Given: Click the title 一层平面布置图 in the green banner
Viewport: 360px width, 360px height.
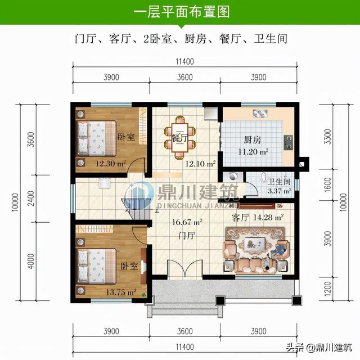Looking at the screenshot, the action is pyautogui.click(x=181, y=12).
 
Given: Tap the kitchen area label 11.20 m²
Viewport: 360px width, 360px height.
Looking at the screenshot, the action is pyautogui.click(x=253, y=152).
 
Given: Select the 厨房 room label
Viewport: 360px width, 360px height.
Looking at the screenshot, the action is pyautogui.click(x=253, y=140).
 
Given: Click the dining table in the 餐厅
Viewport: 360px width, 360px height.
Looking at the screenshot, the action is pyautogui.click(x=180, y=138).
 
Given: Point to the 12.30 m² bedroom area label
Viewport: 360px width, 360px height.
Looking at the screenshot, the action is pyautogui.click(x=111, y=164).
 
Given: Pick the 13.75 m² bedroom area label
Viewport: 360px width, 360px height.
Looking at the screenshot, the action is pyautogui.click(x=121, y=292).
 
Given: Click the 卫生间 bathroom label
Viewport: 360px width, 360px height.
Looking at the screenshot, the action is pyautogui.click(x=279, y=182).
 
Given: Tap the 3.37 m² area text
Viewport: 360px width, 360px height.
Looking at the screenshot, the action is pyautogui.click(x=280, y=191).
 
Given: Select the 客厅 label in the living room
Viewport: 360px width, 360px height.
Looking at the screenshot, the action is pyautogui.click(x=240, y=217).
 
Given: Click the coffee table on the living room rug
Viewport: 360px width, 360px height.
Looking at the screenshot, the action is pyautogui.click(x=254, y=246).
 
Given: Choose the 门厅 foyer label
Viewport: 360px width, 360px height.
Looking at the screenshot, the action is pyautogui.click(x=187, y=236).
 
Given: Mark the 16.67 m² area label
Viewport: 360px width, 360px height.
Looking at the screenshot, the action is pyautogui.click(x=187, y=222).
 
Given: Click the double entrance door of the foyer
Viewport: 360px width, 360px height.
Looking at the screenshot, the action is pyautogui.click(x=185, y=269).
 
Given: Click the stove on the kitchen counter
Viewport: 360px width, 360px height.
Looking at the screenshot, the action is pyautogui.click(x=289, y=142).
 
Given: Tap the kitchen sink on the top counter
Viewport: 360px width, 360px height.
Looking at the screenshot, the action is pyautogui.click(x=260, y=114).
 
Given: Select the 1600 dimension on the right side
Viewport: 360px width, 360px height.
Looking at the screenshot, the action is pyautogui.click(x=328, y=185).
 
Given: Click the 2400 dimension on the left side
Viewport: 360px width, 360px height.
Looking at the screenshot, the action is pyautogui.click(x=31, y=199).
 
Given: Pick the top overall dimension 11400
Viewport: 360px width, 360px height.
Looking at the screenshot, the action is pyautogui.click(x=185, y=61).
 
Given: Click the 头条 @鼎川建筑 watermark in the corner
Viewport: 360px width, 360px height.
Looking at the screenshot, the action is pyautogui.click(x=319, y=347).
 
